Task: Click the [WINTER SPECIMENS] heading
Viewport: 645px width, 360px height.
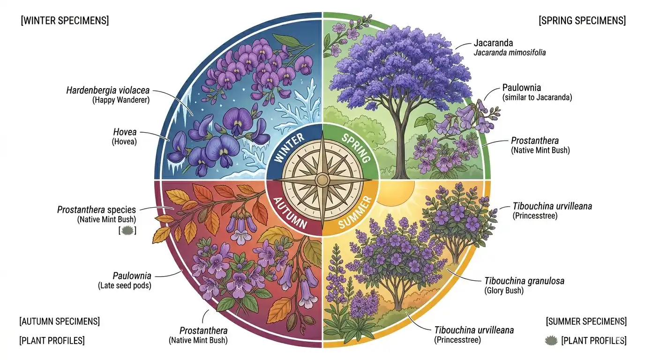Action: tap(65, 21)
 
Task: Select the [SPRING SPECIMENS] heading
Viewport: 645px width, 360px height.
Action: tap(582, 21)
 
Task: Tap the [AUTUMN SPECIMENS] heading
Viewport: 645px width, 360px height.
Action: tap(60, 321)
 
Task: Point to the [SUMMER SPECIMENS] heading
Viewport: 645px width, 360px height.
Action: tap(586, 321)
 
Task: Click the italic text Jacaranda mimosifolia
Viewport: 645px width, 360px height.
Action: tap(510, 52)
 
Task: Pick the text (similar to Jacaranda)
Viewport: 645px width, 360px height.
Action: tap(537, 97)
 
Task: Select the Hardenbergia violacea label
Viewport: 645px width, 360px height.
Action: tap(108, 90)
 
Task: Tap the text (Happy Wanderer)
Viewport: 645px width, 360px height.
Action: tap(121, 100)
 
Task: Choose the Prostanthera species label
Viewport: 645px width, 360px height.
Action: tap(97, 210)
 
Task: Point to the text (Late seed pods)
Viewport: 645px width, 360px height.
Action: tap(125, 285)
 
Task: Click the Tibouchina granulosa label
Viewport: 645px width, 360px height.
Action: tap(525, 281)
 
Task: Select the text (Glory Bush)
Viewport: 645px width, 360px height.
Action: tap(504, 291)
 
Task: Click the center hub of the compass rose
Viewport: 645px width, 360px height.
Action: tap(322, 180)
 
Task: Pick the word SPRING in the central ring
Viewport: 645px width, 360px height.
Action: tap(356, 148)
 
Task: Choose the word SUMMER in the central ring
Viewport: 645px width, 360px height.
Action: tap(355, 212)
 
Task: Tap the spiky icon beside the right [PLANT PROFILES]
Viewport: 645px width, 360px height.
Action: tap(551, 340)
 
